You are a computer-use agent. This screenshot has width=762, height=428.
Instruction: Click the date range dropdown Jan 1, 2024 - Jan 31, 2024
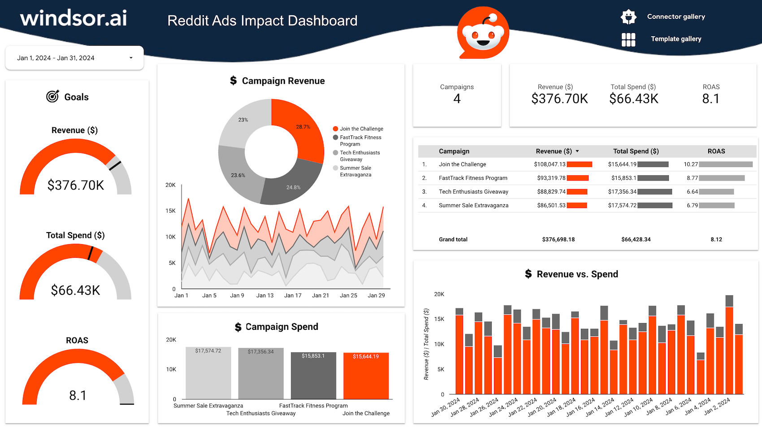74,58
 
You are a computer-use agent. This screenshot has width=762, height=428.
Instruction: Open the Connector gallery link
675,17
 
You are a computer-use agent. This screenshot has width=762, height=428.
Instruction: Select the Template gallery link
675,39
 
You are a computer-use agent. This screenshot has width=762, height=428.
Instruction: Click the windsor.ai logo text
74,18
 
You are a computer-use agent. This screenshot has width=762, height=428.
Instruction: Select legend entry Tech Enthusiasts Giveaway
359,156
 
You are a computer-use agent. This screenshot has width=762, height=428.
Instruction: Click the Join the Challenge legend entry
361,129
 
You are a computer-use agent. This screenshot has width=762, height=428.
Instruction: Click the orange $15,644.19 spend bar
366,376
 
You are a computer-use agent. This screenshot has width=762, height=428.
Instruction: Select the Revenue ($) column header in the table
554,151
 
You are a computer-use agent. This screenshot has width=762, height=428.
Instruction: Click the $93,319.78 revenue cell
551,178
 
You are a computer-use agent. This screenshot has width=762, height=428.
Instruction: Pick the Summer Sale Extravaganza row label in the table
473,205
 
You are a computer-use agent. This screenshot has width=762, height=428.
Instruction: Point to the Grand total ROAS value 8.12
716,239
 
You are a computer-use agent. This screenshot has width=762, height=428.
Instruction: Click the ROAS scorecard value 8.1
710,99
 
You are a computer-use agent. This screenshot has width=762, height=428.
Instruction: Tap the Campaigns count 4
457,99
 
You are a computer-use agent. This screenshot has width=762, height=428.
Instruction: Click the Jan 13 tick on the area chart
265,295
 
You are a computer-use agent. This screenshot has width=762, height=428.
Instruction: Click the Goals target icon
52,96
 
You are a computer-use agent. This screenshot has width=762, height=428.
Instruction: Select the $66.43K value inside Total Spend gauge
75,290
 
